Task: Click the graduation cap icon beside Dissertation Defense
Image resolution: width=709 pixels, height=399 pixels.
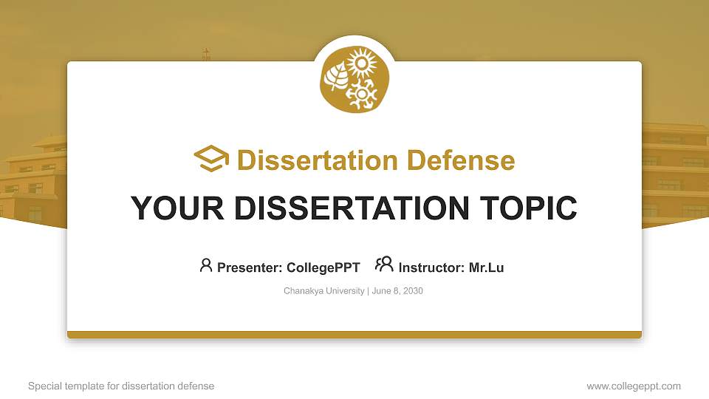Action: click(x=211, y=159)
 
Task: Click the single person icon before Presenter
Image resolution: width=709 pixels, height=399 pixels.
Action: click(x=206, y=265)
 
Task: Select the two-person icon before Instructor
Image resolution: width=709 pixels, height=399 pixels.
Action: click(x=384, y=265)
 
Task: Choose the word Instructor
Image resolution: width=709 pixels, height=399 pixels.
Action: click(x=432, y=267)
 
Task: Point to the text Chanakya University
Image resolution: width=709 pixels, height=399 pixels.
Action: click(x=323, y=291)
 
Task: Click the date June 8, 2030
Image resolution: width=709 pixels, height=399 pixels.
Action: click(x=397, y=291)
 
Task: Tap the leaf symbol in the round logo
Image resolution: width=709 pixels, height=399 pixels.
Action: click(x=336, y=76)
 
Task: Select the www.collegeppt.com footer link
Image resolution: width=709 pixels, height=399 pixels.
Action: click(x=634, y=386)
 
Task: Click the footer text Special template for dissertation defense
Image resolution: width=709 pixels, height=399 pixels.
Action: click(x=121, y=386)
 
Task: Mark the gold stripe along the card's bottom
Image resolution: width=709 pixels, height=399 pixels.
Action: click(x=354, y=335)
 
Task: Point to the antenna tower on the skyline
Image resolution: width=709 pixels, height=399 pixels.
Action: click(x=206, y=55)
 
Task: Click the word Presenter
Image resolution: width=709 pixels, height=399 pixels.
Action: click(x=243, y=267)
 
